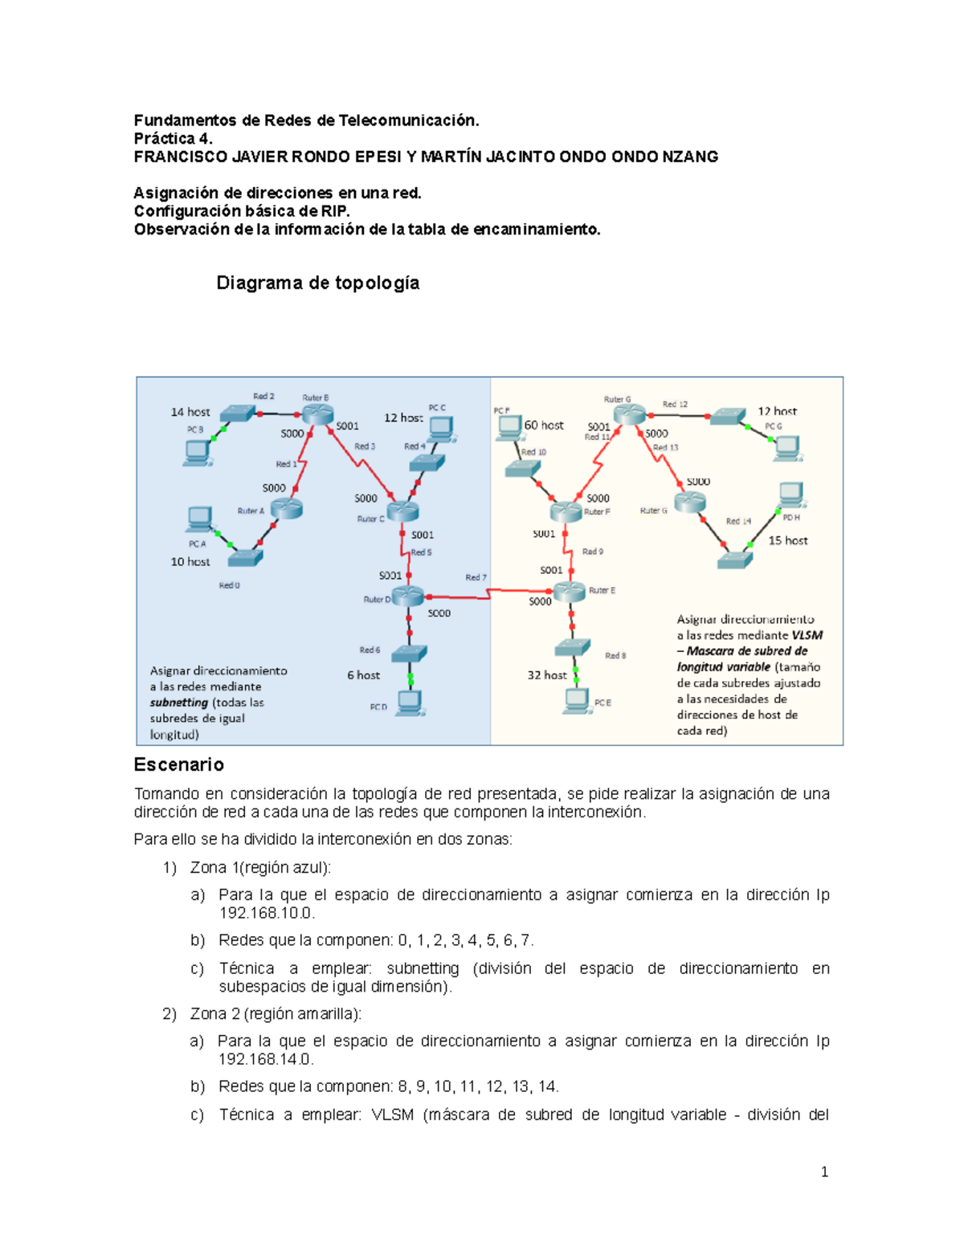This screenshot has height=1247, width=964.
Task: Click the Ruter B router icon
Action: click(x=317, y=414)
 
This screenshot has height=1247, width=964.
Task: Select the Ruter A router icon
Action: click(x=286, y=508)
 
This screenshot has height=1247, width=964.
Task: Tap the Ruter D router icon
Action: click(x=407, y=596)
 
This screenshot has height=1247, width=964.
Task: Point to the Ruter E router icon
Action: click(x=570, y=592)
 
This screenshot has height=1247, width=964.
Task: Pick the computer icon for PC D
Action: click(x=411, y=703)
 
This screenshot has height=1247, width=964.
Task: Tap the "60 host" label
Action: click(x=544, y=426)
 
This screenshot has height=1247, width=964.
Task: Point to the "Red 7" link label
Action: click(x=476, y=577)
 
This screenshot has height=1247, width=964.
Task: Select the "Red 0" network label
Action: click(x=229, y=585)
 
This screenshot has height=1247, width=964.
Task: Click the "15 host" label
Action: click(x=787, y=540)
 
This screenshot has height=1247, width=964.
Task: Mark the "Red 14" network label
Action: click(x=738, y=521)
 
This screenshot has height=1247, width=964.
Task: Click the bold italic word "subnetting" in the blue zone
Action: click(x=178, y=703)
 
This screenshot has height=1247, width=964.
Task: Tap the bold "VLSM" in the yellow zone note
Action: click(x=807, y=635)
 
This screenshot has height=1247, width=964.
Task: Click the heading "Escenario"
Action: click(x=178, y=764)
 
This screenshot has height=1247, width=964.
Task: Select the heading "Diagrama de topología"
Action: click(x=317, y=283)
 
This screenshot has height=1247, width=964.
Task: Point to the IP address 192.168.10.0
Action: click(x=266, y=913)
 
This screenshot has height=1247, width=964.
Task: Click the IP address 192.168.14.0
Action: click(x=266, y=1059)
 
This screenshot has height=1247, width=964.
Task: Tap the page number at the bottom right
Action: click(x=824, y=1172)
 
